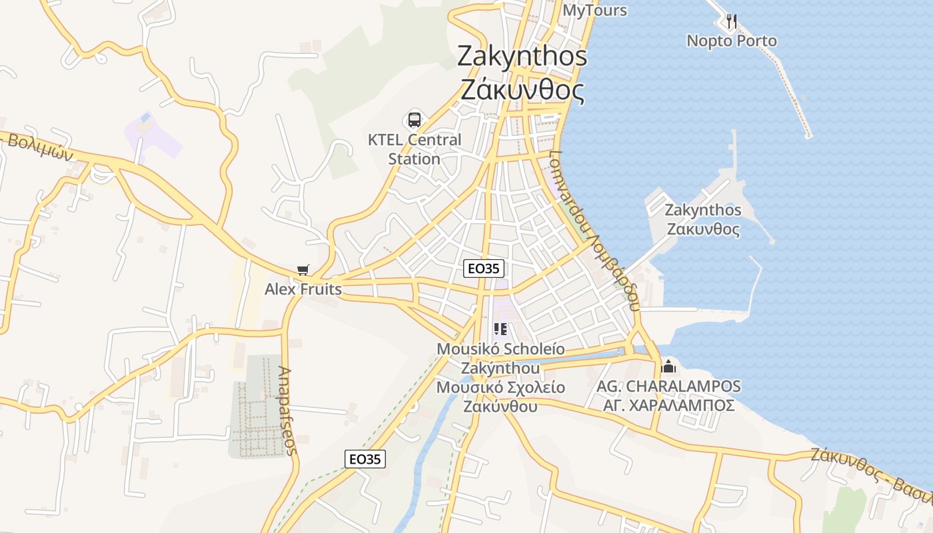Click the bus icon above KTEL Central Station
[415, 120]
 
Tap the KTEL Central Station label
[415, 149]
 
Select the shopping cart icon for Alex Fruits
[303, 270]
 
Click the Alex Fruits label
[303, 289]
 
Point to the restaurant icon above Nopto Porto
[732, 21]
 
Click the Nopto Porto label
[732, 41]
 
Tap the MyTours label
[594, 10]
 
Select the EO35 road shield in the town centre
[484, 268]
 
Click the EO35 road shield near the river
[365, 458]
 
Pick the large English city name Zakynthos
[522, 56]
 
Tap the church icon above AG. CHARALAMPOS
[668, 366]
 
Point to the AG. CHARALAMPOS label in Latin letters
[668, 386]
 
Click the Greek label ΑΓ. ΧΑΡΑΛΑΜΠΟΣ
[668, 405]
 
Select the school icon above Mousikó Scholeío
[500, 328]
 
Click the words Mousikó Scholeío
[500, 349]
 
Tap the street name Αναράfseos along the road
[287, 410]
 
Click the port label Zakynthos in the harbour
[703, 210]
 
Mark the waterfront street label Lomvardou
[565, 187]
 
